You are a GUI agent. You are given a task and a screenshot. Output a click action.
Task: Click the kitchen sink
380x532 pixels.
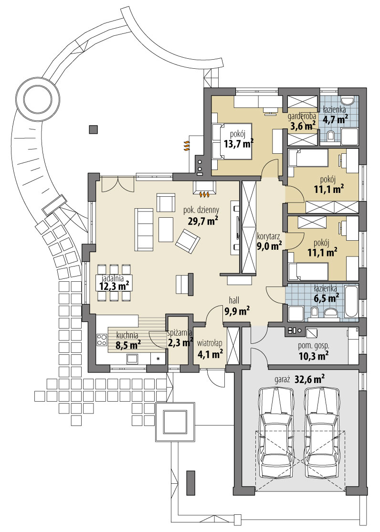132,358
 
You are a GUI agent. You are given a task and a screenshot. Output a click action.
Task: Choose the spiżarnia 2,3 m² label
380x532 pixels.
179,338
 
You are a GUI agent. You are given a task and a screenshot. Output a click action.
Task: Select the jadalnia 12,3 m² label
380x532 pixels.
115,282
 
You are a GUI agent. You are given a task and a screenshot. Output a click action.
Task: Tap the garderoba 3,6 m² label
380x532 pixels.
302,122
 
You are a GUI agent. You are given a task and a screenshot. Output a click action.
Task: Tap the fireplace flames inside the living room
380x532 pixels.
204,194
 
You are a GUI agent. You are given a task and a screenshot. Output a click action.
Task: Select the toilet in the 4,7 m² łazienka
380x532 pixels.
331,137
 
